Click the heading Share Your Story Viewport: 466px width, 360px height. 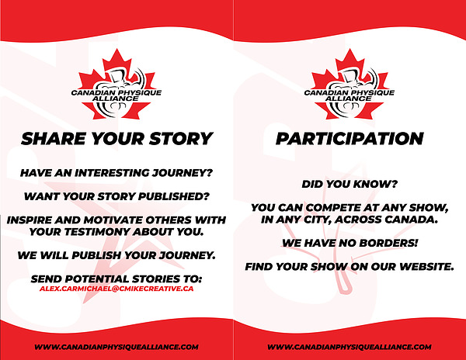coord(116,139)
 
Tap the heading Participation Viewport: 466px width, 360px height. coord(349,139)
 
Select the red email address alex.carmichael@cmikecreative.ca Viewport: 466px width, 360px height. coord(116,289)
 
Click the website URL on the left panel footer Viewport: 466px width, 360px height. coord(116,347)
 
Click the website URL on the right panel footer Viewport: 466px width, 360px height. coord(349,347)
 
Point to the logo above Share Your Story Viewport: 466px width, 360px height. coord(116,85)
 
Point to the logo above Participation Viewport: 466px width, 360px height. coord(349,85)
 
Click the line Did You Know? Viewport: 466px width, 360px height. coord(349,185)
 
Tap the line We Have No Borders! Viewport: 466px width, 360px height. coord(349,243)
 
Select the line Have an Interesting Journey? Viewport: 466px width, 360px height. coord(116,173)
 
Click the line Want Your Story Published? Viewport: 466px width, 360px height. coord(116,196)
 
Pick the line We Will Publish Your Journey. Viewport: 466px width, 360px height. coord(116,255)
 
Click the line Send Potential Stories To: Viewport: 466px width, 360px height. coord(116,279)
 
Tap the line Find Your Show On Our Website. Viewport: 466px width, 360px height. coord(349,267)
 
